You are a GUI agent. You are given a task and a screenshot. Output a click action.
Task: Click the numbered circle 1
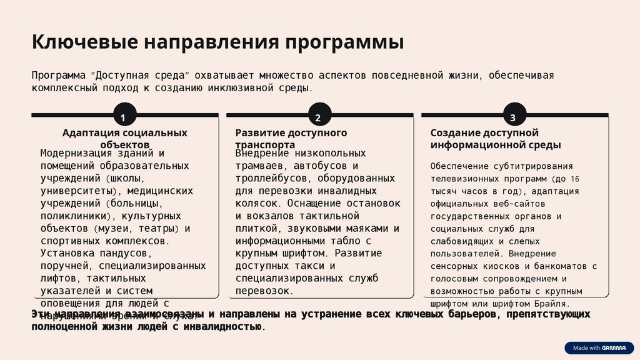click(x=123, y=117)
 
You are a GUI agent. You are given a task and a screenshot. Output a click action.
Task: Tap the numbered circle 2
click(x=318, y=117)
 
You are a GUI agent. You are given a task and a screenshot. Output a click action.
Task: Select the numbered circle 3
click(x=513, y=117)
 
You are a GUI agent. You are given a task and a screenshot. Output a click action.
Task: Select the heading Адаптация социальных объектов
click(x=125, y=138)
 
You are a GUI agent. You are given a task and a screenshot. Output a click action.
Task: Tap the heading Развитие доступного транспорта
click(x=291, y=138)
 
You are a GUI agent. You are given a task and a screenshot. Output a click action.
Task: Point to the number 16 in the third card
click(x=575, y=178)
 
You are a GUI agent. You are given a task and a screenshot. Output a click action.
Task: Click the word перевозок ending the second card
click(x=263, y=291)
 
